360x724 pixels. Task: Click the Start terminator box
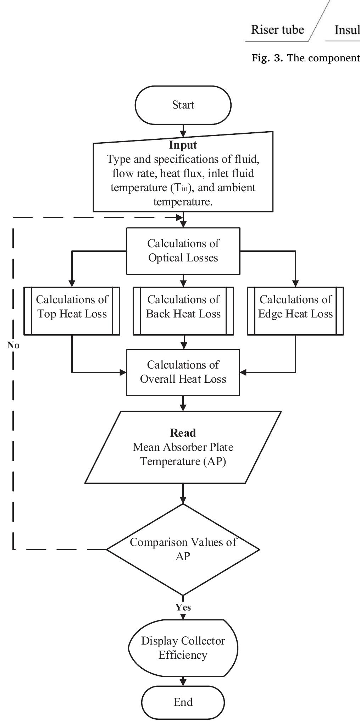coord(183,105)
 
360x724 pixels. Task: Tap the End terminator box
coord(183,702)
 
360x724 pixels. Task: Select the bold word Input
coord(183,145)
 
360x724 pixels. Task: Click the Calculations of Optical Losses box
coord(183,251)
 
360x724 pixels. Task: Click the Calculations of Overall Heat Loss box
coord(183,372)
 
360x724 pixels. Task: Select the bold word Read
coord(183,433)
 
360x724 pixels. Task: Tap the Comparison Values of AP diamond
coord(183,549)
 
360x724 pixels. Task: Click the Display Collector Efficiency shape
coord(183,648)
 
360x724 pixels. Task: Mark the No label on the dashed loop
coord(13,345)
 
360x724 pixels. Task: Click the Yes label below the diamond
coord(183,607)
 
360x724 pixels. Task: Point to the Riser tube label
coord(277,29)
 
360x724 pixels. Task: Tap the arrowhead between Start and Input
coord(183,134)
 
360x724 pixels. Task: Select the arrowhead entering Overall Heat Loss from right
coord(243,372)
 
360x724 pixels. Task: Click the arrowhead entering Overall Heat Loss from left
coord(123,372)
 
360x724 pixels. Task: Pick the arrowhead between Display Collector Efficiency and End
coord(183,682)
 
